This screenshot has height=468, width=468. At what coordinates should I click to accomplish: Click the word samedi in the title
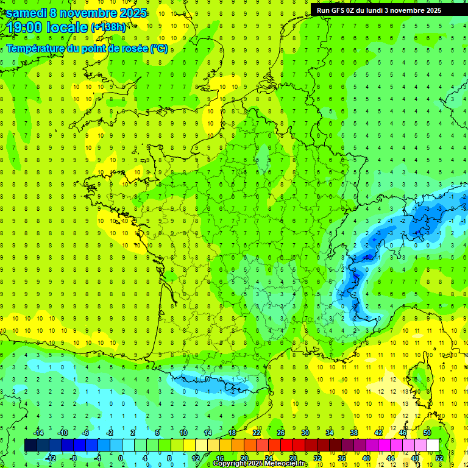(x=26, y=13)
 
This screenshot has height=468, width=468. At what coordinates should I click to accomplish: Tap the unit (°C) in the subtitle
(x=159, y=49)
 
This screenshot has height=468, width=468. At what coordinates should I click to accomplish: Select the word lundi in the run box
(x=381, y=10)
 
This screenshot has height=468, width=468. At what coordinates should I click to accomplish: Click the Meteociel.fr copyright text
(x=261, y=464)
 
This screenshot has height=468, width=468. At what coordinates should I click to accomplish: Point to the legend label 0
(x=121, y=458)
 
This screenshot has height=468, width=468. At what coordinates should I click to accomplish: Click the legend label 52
(x=439, y=458)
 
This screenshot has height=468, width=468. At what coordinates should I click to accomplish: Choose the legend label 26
(x=280, y=433)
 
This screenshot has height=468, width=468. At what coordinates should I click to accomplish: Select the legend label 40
(x=366, y=458)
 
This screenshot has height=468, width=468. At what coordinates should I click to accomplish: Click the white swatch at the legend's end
(x=433, y=445)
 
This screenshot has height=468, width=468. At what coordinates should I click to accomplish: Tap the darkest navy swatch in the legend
(x=30, y=445)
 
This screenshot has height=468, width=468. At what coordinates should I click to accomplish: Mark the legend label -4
(x=97, y=458)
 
